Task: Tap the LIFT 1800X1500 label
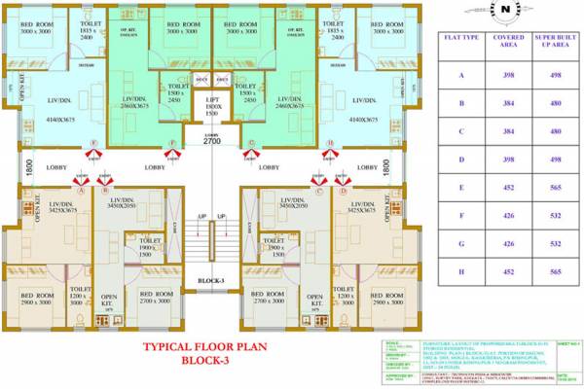tap(211, 104)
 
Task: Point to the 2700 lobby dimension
tap(211, 141)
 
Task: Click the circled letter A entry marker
tap(82, 191)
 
